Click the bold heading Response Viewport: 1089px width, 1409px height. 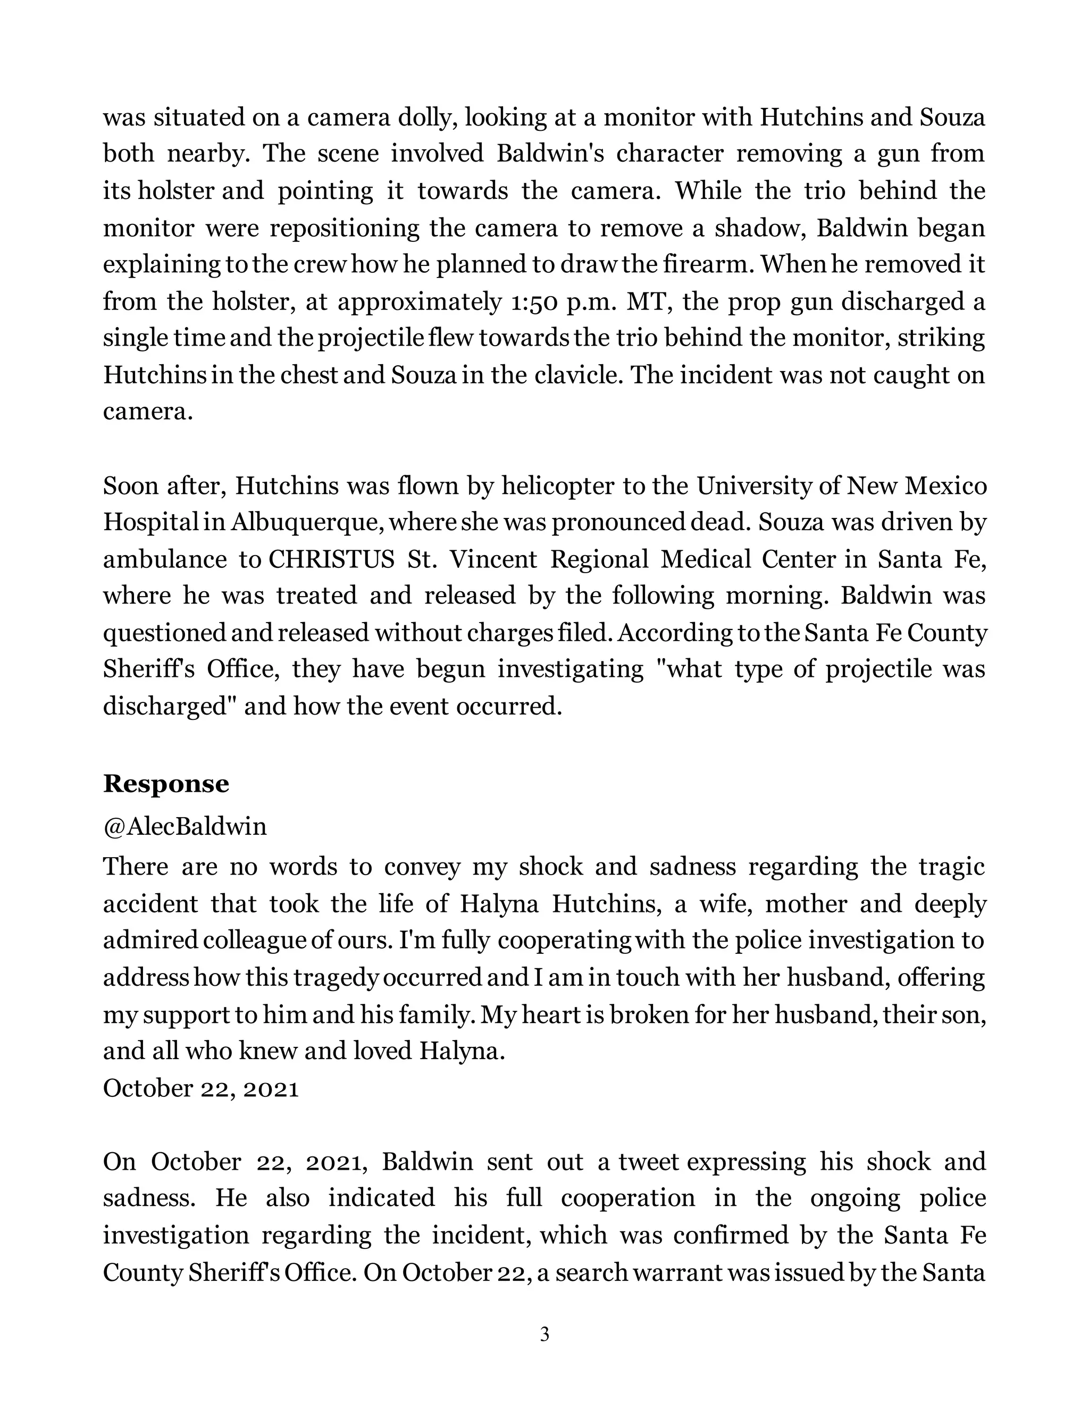pos(166,784)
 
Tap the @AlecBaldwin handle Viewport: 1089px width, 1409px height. pos(185,826)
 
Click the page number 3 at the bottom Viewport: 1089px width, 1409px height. pos(544,1334)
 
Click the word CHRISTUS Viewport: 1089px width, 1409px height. pos(331,559)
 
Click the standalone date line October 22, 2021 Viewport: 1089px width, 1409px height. pos(200,1088)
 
